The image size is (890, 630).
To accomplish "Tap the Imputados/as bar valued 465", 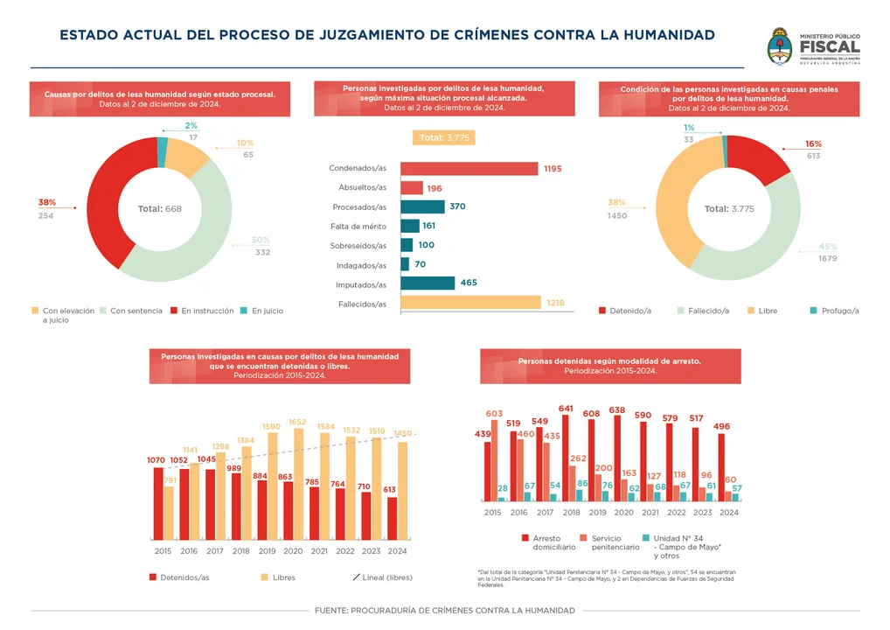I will pyautogui.click(x=428, y=283).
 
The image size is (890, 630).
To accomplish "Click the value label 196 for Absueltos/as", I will pyautogui.click(x=435, y=188).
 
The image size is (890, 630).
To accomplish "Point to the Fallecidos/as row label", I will pyautogui.click(x=362, y=304).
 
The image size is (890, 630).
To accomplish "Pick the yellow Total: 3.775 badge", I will pyautogui.click(x=443, y=138).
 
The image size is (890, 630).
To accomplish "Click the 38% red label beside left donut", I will pyautogui.click(x=46, y=202).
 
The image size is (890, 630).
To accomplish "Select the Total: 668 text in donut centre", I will pyautogui.click(x=160, y=209).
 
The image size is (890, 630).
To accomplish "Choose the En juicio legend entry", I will pyautogui.click(x=262, y=311).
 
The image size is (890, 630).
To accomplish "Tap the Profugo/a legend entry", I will pyautogui.click(x=835, y=311).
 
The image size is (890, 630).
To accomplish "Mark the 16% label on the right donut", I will pyautogui.click(x=813, y=143).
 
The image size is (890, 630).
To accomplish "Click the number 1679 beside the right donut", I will pyautogui.click(x=827, y=259).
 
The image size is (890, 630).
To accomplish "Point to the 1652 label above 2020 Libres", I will pyautogui.click(x=297, y=422).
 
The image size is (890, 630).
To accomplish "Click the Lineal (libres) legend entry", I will pyautogui.click(x=382, y=577).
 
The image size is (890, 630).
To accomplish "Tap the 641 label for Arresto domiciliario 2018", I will pyautogui.click(x=566, y=409).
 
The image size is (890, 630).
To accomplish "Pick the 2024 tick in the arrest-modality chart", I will pyautogui.click(x=729, y=513).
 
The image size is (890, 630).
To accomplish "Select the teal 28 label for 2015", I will pyautogui.click(x=503, y=489).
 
